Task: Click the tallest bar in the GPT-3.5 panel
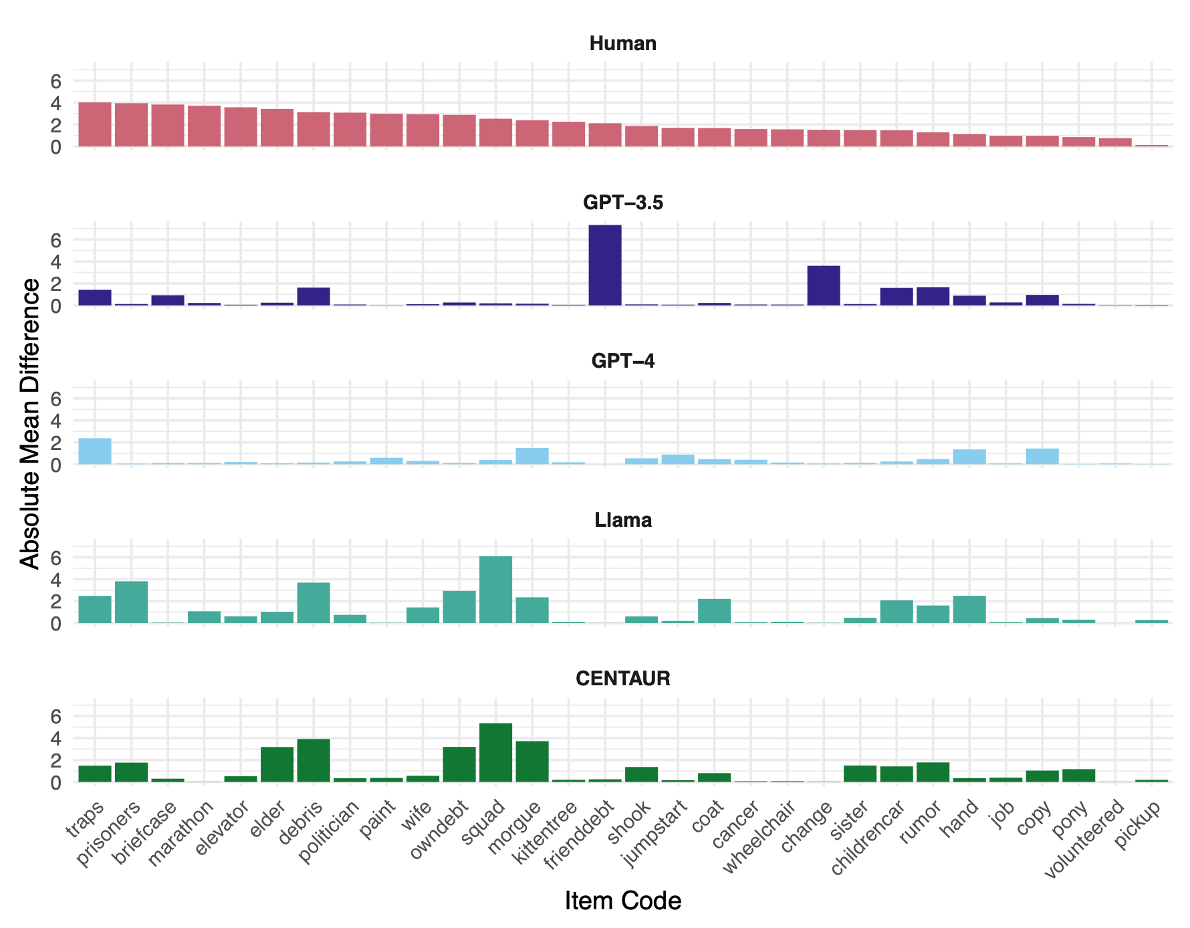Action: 605,265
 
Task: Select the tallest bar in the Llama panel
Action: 495,590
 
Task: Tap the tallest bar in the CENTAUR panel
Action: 495,753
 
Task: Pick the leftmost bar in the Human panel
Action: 95,124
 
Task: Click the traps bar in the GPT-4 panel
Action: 95,451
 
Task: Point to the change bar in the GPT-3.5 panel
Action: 824,285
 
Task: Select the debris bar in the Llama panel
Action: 314,603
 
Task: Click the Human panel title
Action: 623,44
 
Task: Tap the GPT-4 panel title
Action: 623,362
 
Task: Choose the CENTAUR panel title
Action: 623,679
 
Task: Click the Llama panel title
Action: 623,520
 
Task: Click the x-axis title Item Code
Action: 623,901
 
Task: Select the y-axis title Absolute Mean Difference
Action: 30,424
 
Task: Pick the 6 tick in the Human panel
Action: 56,81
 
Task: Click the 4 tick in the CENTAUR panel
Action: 56,738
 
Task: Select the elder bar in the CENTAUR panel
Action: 277,764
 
